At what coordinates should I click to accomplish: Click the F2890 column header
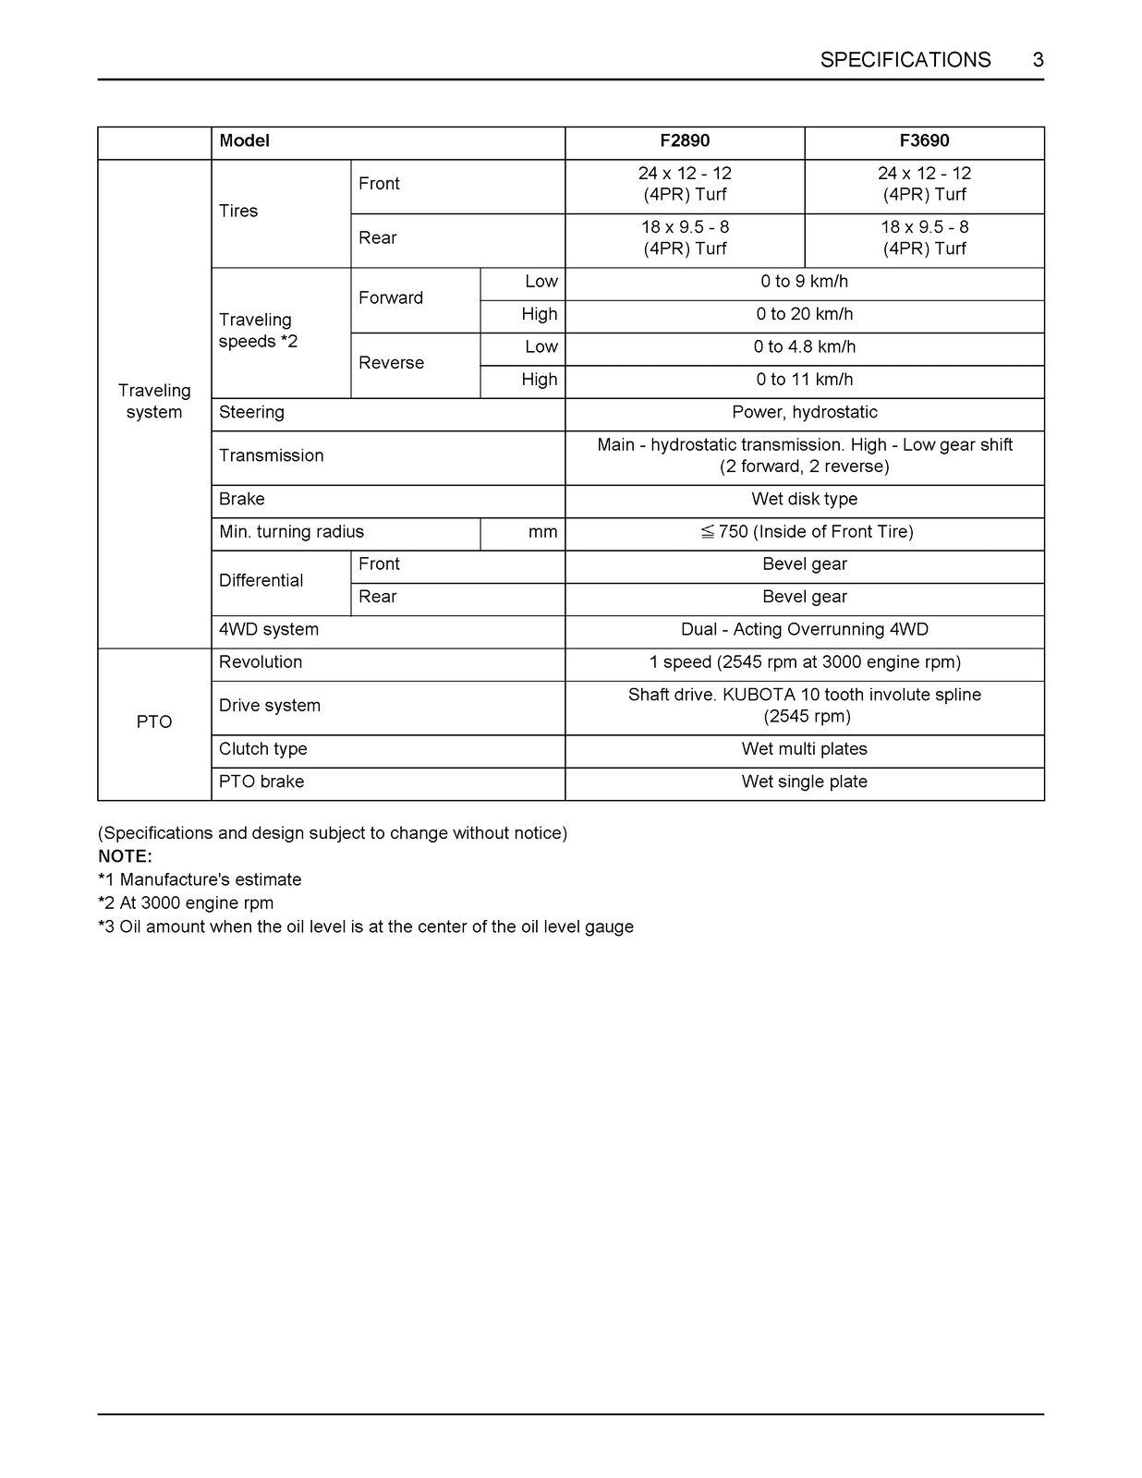click(685, 141)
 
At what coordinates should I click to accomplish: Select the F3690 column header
click(924, 141)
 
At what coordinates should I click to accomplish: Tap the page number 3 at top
click(1038, 60)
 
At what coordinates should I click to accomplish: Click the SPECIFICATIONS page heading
click(905, 60)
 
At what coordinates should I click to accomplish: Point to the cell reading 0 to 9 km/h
click(804, 282)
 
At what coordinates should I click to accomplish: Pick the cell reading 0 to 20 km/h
click(804, 314)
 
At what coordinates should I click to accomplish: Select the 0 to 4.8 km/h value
click(804, 347)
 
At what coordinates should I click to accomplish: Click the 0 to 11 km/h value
click(804, 380)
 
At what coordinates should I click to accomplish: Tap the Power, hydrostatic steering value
click(804, 412)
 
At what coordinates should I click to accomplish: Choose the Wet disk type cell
click(804, 499)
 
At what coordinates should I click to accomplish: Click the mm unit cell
click(542, 532)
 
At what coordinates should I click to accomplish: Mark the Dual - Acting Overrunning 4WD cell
click(804, 630)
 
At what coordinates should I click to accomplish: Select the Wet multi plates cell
click(804, 749)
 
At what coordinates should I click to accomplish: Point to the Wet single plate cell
click(804, 781)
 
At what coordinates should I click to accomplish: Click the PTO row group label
click(154, 722)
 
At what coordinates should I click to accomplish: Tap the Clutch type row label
click(263, 749)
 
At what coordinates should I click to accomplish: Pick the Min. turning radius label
click(291, 532)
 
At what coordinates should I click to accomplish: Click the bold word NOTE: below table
click(125, 856)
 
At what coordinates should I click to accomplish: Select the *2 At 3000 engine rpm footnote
click(186, 903)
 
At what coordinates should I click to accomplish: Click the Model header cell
click(244, 141)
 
